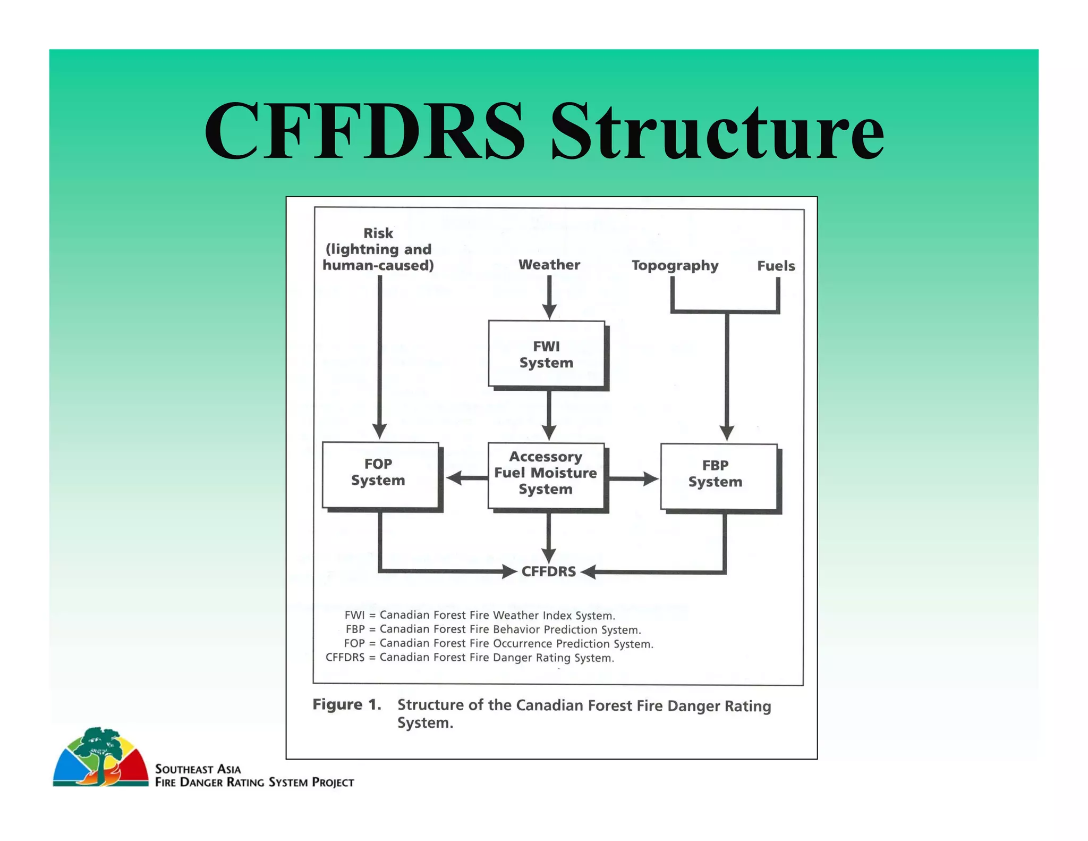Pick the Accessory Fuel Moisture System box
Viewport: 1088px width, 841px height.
click(x=546, y=473)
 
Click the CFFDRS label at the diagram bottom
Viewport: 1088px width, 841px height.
click(x=548, y=571)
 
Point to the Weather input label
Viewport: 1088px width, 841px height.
click(x=549, y=265)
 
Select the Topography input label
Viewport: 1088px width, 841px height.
click(x=675, y=265)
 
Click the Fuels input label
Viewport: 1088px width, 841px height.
click(x=776, y=266)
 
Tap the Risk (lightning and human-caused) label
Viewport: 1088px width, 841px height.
click(x=378, y=249)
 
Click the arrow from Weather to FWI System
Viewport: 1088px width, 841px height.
click(x=549, y=298)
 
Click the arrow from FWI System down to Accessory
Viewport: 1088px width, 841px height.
click(x=549, y=415)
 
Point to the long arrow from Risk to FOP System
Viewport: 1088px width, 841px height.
click(x=379, y=356)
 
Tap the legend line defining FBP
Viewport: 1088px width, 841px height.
click(x=493, y=629)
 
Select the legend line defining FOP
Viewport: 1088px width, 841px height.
click(x=498, y=643)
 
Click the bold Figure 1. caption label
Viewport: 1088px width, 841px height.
click(x=347, y=705)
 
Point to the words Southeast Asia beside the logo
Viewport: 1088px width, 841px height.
click(x=198, y=769)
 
